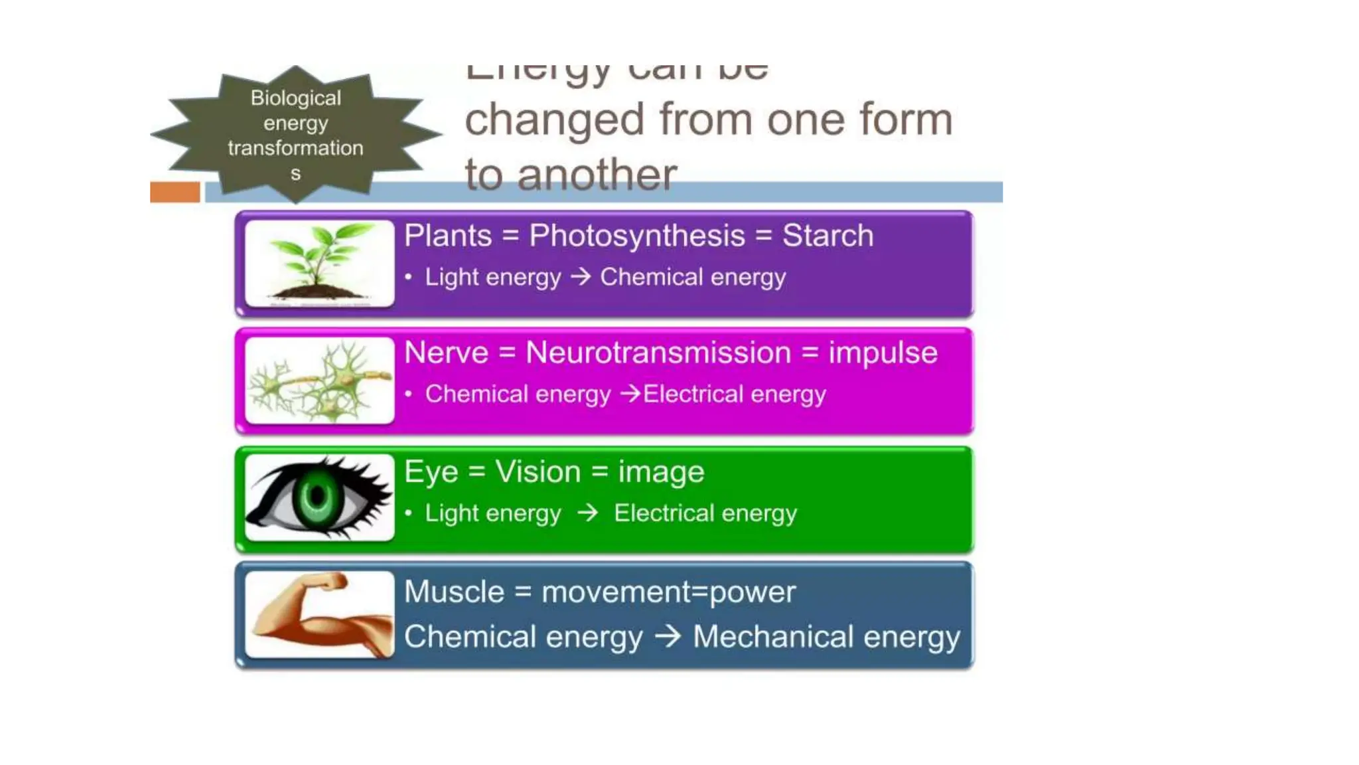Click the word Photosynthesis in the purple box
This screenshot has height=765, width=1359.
[636, 236]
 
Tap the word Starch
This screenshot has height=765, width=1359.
[827, 236]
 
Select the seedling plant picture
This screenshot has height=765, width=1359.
[319, 264]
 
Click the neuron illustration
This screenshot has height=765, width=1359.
[319, 381]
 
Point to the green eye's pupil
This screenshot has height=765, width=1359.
[317, 496]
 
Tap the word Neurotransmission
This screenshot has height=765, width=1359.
[658, 353]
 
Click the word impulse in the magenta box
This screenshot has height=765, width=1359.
[883, 353]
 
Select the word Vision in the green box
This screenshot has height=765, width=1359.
[537, 472]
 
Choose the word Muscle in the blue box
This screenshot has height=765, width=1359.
[454, 592]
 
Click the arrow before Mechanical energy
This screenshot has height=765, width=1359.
[668, 636]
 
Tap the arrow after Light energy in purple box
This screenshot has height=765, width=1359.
[581, 276]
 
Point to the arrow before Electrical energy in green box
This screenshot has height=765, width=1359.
[587, 513]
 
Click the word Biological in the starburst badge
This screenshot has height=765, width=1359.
[295, 98]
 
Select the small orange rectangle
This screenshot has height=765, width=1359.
[175, 192]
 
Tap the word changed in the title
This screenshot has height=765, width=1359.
[554, 120]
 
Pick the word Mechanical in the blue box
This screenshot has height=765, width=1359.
[772, 636]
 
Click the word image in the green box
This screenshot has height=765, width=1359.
[661, 472]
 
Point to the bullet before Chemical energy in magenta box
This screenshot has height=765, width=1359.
[409, 394]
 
